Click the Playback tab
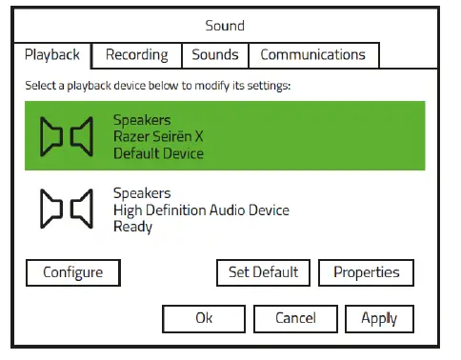click(x=53, y=55)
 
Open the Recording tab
click(x=136, y=55)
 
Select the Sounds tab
click(x=214, y=55)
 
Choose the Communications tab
click(x=312, y=55)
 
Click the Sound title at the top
click(x=225, y=26)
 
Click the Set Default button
click(x=263, y=272)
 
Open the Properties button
click(x=366, y=272)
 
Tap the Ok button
click(x=204, y=318)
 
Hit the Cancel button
click(x=295, y=318)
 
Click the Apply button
click(x=379, y=318)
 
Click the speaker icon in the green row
click(x=66, y=136)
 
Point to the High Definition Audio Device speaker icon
click(x=66, y=210)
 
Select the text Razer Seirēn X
click(x=158, y=136)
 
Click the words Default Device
click(x=158, y=152)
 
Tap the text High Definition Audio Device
click(x=200, y=210)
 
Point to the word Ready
click(x=132, y=227)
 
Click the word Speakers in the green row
click(x=143, y=120)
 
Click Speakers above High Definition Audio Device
click(x=143, y=193)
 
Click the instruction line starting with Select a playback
click(x=157, y=86)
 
